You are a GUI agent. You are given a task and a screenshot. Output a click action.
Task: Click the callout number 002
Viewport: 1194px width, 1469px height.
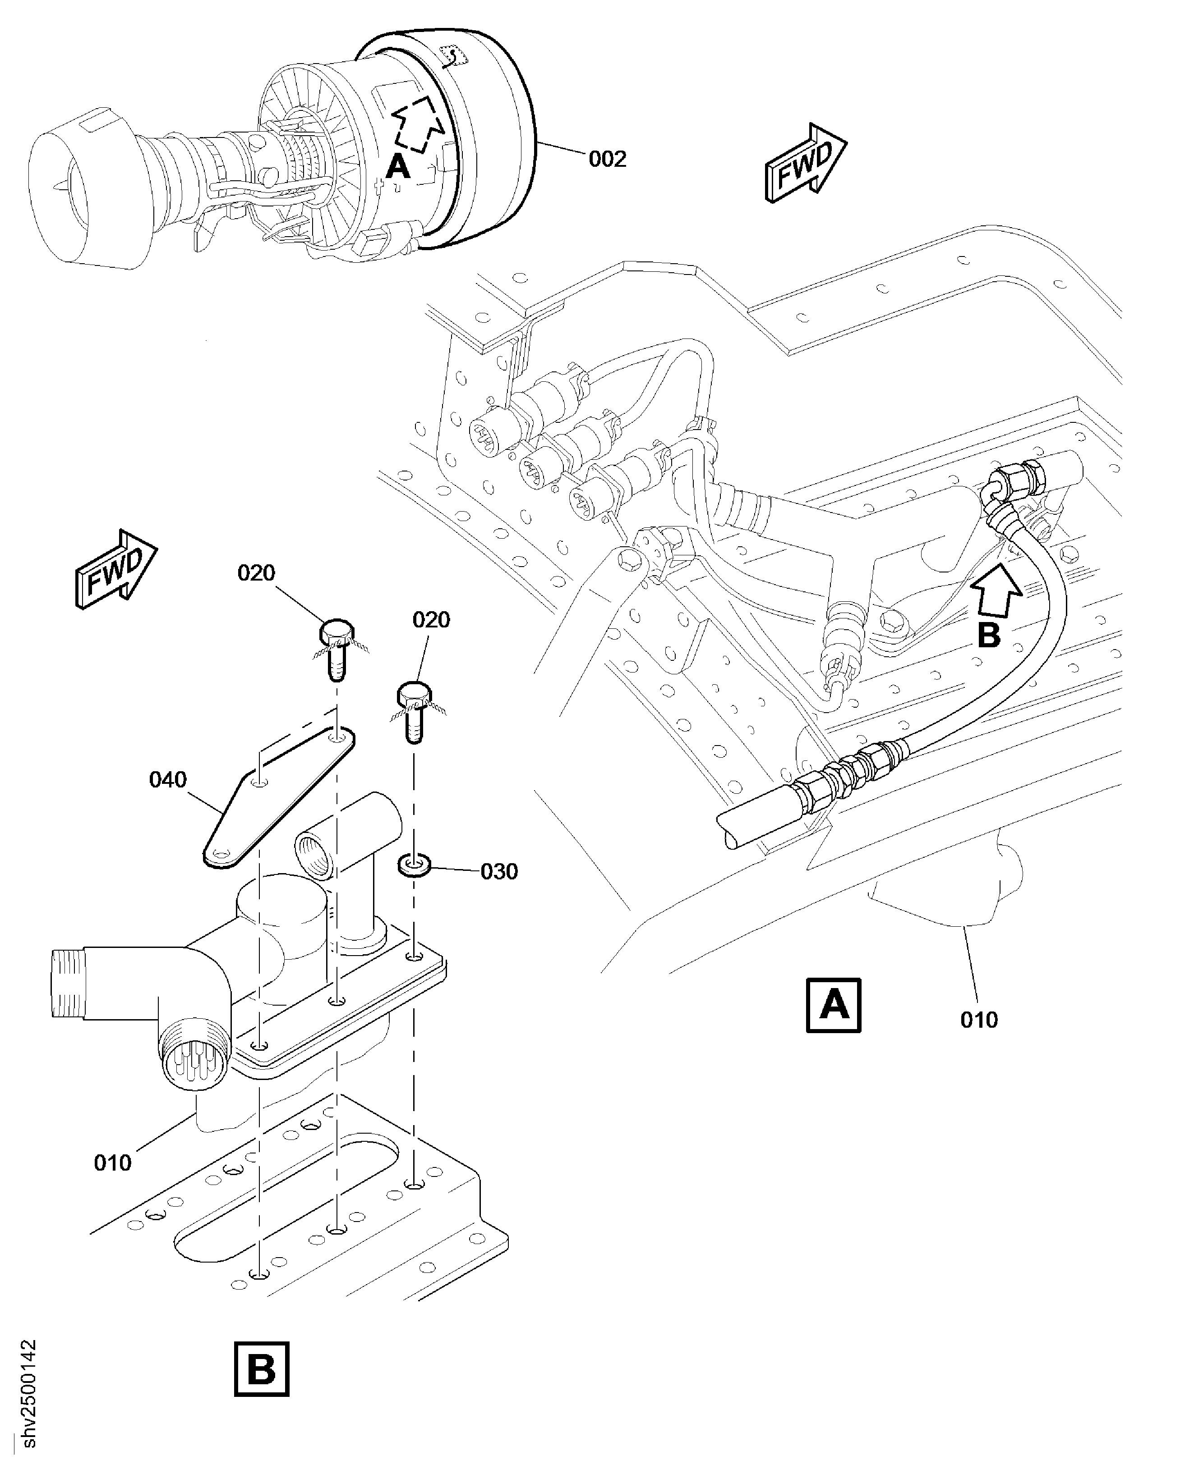click(607, 160)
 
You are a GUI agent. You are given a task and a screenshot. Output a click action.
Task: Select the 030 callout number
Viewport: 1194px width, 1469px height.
click(498, 872)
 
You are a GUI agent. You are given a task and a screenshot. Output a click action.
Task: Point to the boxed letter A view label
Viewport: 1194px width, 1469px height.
click(834, 1005)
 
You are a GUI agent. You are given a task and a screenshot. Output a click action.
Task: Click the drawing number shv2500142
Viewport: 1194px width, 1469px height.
click(28, 1396)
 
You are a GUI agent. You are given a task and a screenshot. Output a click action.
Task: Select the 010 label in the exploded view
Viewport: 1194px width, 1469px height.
click(113, 1163)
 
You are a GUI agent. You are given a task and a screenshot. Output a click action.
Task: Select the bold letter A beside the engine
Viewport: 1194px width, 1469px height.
click(397, 166)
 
